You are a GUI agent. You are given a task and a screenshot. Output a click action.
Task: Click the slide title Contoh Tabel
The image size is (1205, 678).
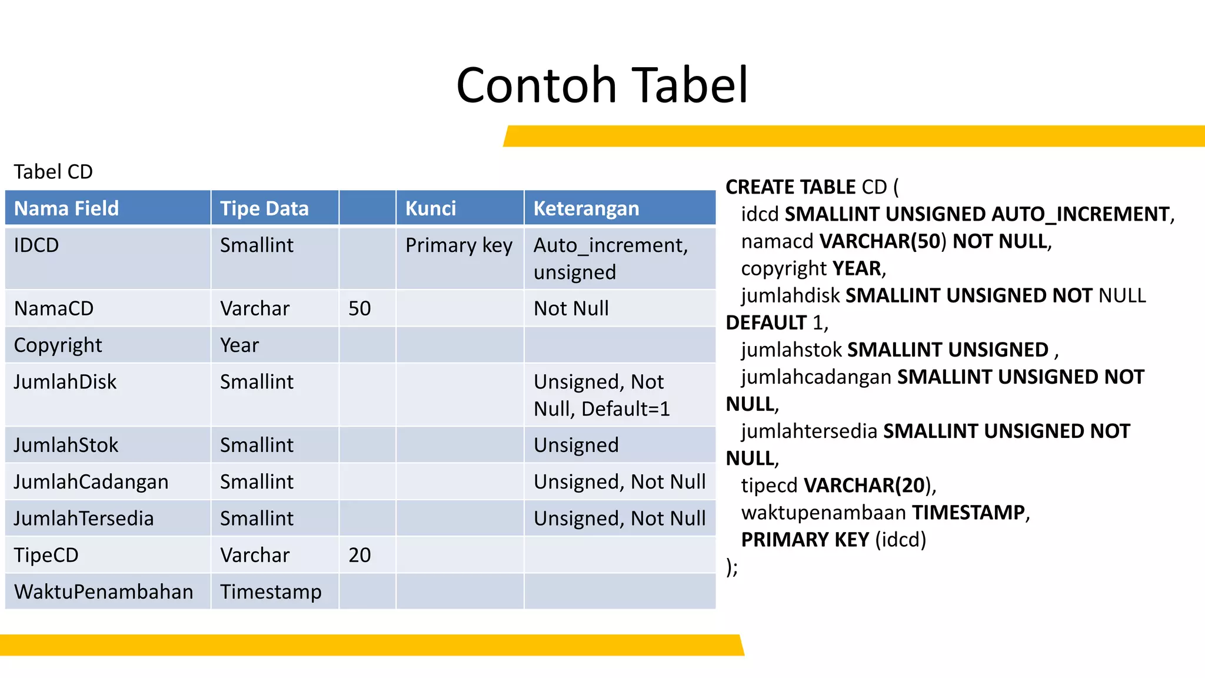[602, 85]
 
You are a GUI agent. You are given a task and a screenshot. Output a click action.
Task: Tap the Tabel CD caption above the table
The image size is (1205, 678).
[53, 172]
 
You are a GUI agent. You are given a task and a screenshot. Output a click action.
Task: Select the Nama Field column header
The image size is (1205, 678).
[66, 208]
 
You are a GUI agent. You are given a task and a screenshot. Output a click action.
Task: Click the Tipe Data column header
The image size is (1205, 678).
[264, 208]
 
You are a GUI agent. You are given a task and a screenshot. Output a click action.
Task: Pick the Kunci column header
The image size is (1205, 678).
[431, 208]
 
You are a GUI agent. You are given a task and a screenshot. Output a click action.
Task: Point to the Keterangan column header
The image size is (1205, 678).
[586, 208]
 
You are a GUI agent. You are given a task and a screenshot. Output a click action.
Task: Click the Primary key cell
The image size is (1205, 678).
[459, 245]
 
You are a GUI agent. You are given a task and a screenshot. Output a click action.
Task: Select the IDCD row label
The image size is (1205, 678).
[36, 245]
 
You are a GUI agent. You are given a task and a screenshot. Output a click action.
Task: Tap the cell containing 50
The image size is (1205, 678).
[359, 308]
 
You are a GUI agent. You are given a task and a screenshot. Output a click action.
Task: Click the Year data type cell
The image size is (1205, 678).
[239, 345]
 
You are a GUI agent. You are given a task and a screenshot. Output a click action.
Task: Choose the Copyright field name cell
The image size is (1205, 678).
[58, 345]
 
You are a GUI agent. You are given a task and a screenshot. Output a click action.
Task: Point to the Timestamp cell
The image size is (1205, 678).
[271, 591]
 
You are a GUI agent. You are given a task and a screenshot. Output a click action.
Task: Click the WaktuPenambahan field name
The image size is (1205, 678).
[104, 591]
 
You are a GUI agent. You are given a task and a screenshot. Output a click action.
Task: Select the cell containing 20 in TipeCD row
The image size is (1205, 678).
[359, 555]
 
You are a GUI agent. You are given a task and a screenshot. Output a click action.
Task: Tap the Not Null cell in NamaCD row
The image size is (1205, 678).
[571, 308]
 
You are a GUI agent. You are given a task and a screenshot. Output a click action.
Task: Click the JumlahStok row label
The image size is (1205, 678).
[66, 445]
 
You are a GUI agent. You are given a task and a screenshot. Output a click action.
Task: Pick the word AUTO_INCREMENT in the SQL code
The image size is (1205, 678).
[1080, 214]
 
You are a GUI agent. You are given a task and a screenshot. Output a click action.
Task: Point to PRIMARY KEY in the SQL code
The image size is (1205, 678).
[805, 540]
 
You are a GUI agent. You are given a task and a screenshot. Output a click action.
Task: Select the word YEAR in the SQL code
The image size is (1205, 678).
[857, 268]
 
